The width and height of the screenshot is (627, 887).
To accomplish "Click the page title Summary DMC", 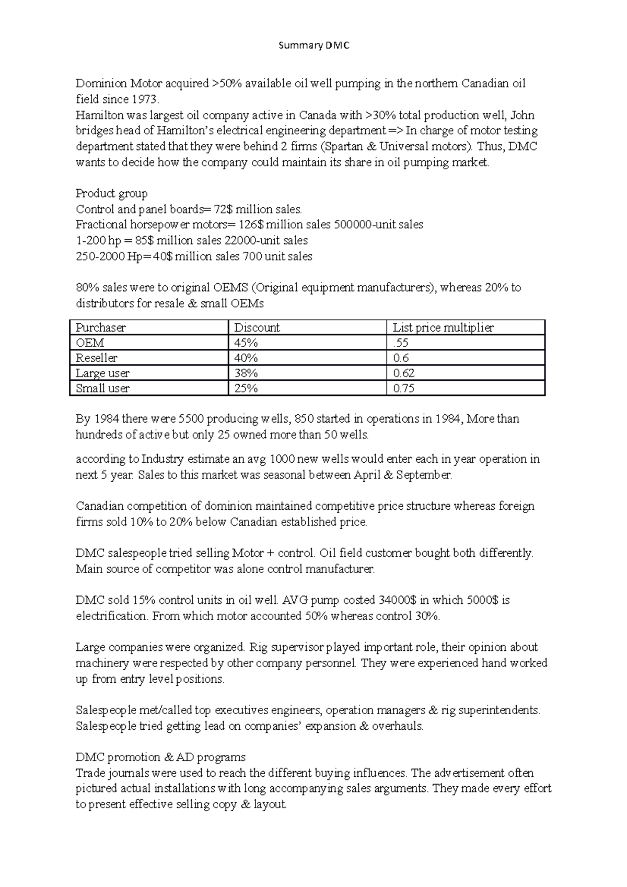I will [313, 45].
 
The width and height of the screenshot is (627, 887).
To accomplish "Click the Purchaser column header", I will [101, 328].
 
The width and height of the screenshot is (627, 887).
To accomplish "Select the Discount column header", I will [257, 328].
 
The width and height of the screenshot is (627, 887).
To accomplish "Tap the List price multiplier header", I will [443, 328].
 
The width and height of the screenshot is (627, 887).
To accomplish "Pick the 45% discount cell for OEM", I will [246, 343].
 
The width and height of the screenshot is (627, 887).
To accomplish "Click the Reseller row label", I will [97, 358].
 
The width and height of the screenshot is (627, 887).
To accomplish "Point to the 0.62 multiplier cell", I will [403, 373].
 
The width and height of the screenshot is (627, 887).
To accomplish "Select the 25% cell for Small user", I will [246, 388].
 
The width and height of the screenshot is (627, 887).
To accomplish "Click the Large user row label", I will [102, 373].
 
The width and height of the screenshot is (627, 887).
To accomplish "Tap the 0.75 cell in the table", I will [403, 388].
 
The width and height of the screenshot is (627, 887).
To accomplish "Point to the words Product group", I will [112, 193].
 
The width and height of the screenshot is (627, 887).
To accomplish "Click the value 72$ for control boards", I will [223, 209].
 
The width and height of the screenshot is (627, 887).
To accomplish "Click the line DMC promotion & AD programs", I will [160, 757].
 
